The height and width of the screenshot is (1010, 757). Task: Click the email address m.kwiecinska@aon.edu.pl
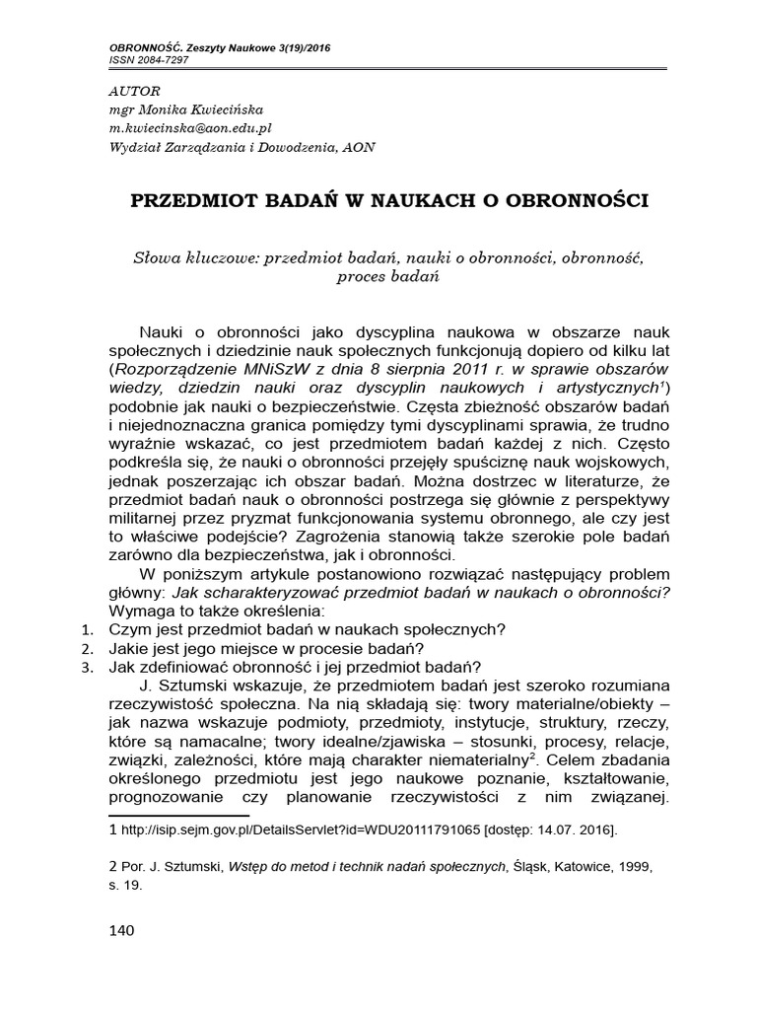[190, 128]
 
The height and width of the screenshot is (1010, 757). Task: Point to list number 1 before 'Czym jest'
[87, 629]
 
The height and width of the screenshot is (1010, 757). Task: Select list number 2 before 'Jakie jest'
[87, 648]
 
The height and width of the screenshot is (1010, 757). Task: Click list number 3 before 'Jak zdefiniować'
[87, 667]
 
